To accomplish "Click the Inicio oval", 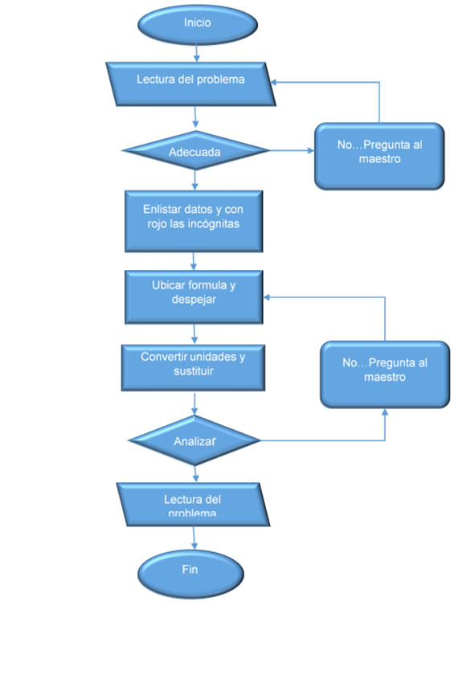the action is point(197,25).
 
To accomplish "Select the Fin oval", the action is point(190,574).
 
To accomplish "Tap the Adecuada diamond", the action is point(195,150).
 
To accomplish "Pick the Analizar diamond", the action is point(195,440).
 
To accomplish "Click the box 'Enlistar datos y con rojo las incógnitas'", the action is point(194,221).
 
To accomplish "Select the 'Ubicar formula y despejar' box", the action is point(194,297).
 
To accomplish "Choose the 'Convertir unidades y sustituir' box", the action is point(193,368).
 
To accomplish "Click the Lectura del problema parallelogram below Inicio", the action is point(190,84).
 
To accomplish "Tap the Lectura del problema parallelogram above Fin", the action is point(193,505).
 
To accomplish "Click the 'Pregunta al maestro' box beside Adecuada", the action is point(379,157).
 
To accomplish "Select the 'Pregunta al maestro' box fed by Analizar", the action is point(385,374).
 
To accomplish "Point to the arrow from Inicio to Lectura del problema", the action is point(197,53).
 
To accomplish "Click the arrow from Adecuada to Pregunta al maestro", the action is point(292,150).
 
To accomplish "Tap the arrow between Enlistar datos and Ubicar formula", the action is point(194,261).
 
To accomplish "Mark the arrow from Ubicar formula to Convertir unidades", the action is point(195,334).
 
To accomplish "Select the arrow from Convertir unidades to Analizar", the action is point(195,403).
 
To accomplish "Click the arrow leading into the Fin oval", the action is point(194,538).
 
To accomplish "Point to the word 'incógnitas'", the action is point(213,224).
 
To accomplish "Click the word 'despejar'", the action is point(194,301).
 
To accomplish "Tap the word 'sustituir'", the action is point(193,371).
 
